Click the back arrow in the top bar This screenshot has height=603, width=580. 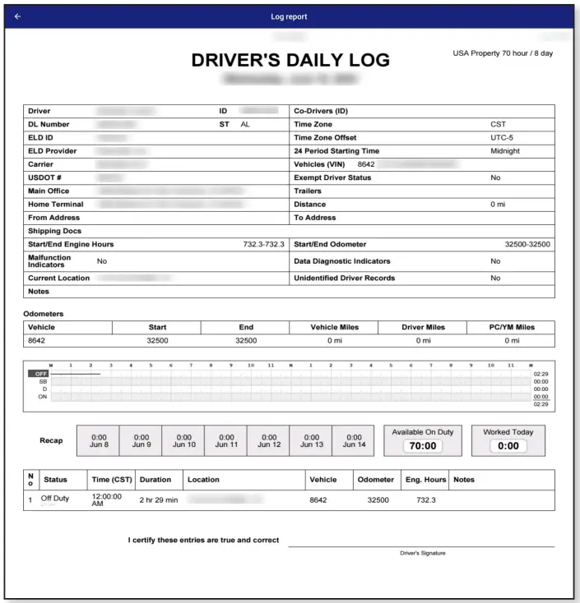click(17, 16)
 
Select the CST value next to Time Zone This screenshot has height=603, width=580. click(498, 124)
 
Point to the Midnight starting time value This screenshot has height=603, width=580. click(505, 151)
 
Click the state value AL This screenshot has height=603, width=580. click(245, 124)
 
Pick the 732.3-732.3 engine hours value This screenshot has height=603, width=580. click(258, 244)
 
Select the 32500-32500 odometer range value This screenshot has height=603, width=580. click(527, 244)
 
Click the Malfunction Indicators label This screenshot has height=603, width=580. click(49, 261)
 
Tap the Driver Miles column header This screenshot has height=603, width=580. click(423, 327)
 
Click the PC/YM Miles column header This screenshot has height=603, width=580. click(512, 327)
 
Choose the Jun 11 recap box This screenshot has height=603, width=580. click(225, 440)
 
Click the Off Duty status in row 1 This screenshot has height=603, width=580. click(57, 497)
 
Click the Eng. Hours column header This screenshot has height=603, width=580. click(425, 479)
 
